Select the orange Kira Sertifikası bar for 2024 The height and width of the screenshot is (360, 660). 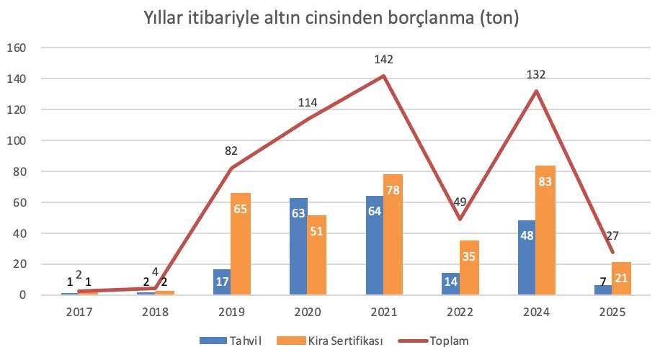click(x=545, y=230)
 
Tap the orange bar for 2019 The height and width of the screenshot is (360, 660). click(x=240, y=244)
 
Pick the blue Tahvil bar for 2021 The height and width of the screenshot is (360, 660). click(x=375, y=246)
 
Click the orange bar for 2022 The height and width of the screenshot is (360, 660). click(x=469, y=268)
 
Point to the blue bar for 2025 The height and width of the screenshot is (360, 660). click(x=603, y=289)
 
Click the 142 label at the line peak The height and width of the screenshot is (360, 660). click(x=383, y=59)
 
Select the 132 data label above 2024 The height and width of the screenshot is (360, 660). click(x=536, y=73)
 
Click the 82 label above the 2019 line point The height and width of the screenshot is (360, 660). click(x=231, y=151)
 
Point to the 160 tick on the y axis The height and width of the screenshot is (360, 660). click(x=16, y=48)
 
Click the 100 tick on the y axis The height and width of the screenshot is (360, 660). click(x=16, y=141)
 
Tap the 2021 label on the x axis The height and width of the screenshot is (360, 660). click(x=383, y=312)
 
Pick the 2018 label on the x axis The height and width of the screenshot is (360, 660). click(x=155, y=312)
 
